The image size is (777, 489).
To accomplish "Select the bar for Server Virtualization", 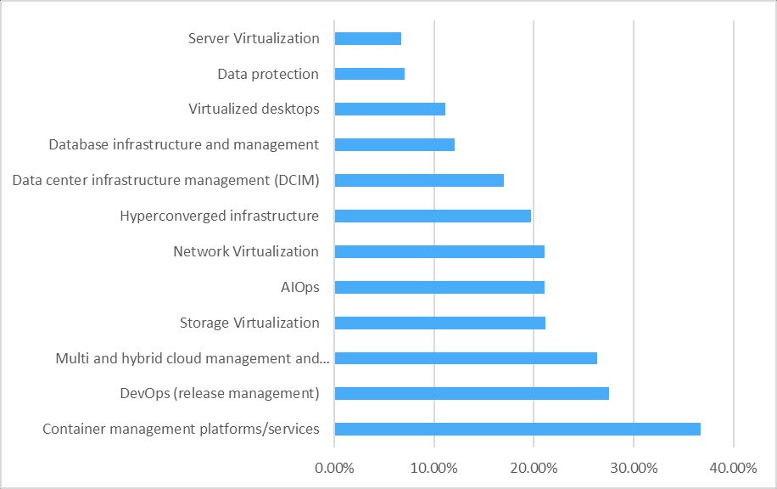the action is (x=367, y=39).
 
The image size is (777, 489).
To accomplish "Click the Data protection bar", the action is (x=370, y=74).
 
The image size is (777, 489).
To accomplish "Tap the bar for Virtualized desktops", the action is (x=390, y=110).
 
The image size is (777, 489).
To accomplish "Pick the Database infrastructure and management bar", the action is (x=394, y=145).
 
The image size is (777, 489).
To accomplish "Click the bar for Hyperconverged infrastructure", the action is (x=433, y=216).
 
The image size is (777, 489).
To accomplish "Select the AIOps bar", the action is (x=439, y=288).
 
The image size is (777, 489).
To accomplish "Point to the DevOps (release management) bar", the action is (x=472, y=393).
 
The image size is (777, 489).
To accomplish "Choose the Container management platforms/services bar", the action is (x=517, y=429).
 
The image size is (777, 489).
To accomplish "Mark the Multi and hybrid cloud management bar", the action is (x=466, y=358).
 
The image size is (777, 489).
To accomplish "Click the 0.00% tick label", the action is (x=334, y=468).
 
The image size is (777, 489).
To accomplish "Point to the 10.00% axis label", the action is (x=434, y=468).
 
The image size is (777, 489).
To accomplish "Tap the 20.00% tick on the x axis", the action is (x=534, y=468).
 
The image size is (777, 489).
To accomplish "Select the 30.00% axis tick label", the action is (x=634, y=468).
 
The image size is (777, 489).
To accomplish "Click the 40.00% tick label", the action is (x=734, y=468).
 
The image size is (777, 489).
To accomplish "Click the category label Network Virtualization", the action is (x=246, y=251).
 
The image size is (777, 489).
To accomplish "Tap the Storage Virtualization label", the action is (x=249, y=323).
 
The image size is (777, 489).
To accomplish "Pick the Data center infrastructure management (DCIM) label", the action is (x=166, y=180).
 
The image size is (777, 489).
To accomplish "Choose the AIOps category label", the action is (x=300, y=287).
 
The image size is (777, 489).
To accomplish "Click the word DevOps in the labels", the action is (x=145, y=393).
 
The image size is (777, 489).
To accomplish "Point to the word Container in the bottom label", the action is (x=74, y=429).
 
